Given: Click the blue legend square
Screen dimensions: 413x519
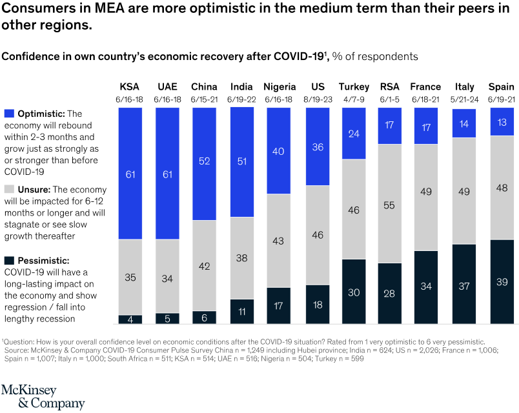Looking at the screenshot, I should (x=9, y=114).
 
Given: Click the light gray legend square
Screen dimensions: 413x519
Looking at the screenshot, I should (x=9, y=189).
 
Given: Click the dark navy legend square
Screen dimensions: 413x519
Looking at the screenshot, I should (x=9, y=261).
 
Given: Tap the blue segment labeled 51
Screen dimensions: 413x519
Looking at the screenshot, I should (x=242, y=162).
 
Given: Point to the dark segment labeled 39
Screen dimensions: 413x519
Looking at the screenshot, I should (x=502, y=281).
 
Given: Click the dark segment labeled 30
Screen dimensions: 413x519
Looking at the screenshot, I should (x=354, y=291).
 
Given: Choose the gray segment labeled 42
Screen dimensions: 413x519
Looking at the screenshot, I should (x=205, y=265).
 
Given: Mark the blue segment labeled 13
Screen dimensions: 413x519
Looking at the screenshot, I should (x=502, y=121).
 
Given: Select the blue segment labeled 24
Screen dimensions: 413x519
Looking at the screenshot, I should (x=354, y=134).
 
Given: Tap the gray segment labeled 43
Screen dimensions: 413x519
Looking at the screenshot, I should (x=279, y=241).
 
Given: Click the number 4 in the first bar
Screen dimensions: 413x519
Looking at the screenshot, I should (x=130, y=319).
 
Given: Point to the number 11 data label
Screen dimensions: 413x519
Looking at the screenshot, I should (x=241, y=310).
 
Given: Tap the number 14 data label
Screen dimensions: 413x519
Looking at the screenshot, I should (x=464, y=123).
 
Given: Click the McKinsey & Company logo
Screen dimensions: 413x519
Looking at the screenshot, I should (x=43, y=397).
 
